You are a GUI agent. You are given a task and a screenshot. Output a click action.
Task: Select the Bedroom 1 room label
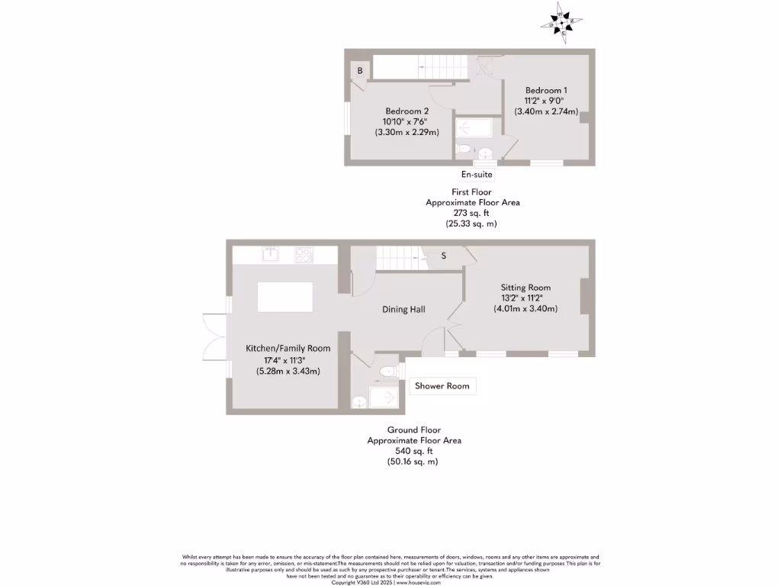click(x=545, y=90)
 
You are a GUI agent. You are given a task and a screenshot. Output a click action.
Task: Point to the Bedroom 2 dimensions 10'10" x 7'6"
click(x=406, y=121)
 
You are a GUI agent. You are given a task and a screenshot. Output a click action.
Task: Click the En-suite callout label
click(x=477, y=175)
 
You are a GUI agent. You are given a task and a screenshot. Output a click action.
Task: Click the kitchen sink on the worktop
click(x=269, y=255)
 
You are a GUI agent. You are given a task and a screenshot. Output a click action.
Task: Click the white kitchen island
click(x=285, y=297)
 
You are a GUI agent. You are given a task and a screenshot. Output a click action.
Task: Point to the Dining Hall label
click(x=403, y=310)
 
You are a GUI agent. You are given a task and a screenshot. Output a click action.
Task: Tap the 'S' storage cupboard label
click(x=443, y=256)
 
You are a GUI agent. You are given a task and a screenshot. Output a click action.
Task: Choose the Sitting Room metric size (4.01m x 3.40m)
click(x=525, y=309)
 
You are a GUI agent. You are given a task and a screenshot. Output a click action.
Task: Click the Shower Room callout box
click(x=442, y=386)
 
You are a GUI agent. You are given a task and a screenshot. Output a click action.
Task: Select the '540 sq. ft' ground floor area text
click(x=414, y=451)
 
